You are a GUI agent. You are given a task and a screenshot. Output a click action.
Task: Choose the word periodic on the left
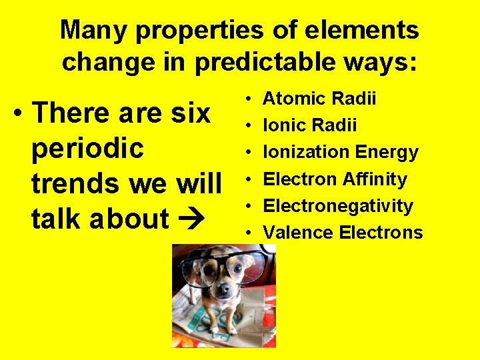[87, 148]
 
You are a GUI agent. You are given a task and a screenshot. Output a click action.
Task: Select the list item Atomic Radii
[319, 99]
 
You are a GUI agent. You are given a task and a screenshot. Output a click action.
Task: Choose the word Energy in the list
[387, 153]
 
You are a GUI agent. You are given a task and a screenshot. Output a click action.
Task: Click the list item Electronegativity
[338, 206]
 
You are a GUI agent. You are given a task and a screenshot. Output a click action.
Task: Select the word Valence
[298, 233]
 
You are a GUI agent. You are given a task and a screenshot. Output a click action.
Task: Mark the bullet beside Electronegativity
[247, 206]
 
